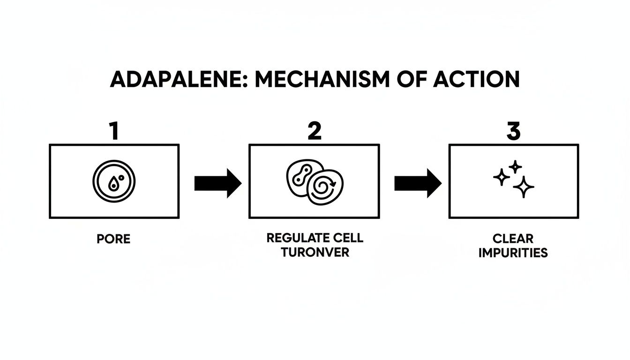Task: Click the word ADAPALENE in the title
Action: pos(167,80)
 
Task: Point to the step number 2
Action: pos(314,132)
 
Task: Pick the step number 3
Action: pos(514,132)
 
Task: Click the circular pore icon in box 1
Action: pos(114,181)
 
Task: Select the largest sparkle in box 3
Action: pos(523,187)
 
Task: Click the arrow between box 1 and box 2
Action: pos(217,183)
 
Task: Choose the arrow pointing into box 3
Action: pos(418,183)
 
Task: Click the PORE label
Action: pos(113,239)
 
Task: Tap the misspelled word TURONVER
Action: pos(315,252)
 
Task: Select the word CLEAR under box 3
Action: pos(513,239)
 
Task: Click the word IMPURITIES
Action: pos(513,253)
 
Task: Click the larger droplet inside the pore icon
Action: pos(113,185)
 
